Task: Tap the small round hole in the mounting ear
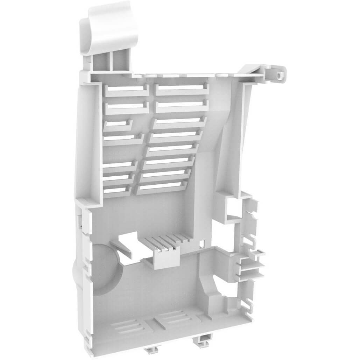(279, 75)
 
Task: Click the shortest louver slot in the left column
(117, 125)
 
